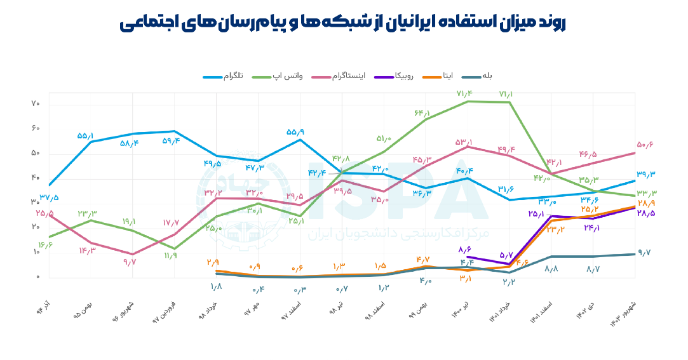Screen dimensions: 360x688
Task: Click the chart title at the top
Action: tap(343, 23)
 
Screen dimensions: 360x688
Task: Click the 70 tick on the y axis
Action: tap(36, 104)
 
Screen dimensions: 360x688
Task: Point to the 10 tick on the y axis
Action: tap(36, 253)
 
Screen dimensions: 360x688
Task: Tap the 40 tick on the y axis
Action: tap(36, 178)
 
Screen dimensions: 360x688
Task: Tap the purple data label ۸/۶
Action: tap(467, 250)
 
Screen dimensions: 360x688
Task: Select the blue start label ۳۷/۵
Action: tap(49, 197)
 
